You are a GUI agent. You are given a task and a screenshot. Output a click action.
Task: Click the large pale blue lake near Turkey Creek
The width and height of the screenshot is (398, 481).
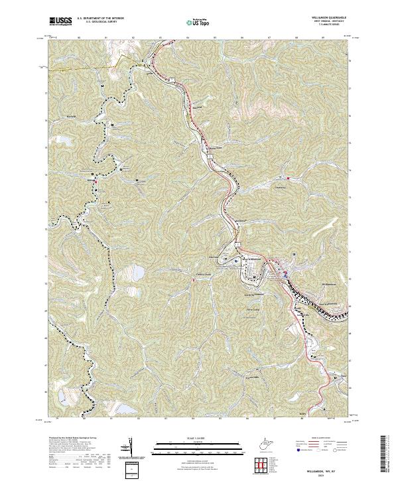[x=137, y=273]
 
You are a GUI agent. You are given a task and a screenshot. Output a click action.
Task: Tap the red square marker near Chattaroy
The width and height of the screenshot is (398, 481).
[x=289, y=177]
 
